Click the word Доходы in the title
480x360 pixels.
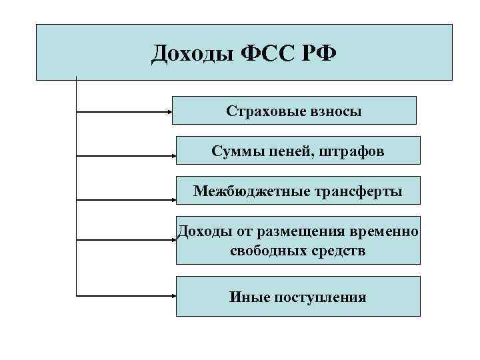tap(189, 53)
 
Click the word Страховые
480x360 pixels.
tap(261, 111)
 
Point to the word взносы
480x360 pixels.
tap(331, 111)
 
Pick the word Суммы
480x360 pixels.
tap(233, 151)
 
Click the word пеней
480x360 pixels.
tap(283, 151)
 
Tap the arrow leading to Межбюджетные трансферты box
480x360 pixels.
tap(127, 199)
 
